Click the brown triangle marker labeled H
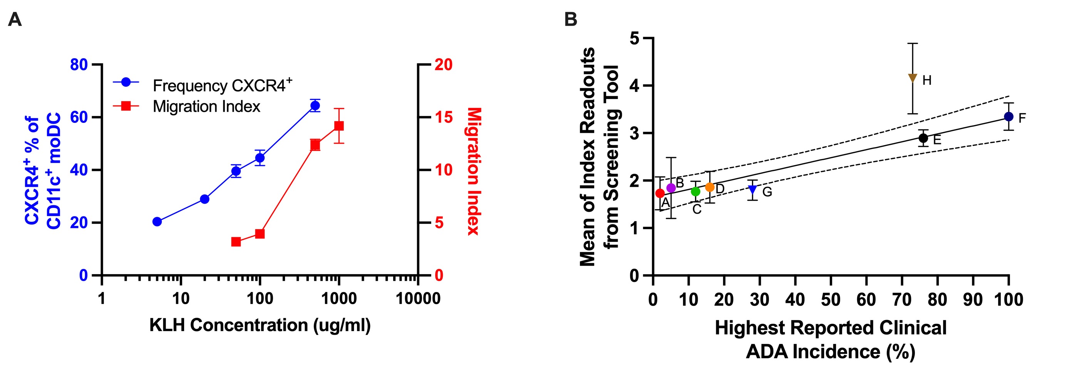pos(913,78)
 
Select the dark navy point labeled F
pos(1008,117)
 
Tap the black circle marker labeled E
pos(923,138)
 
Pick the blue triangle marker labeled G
pos(753,190)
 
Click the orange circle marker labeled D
pos(710,187)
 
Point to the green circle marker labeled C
pos(695,191)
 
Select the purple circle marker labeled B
pos(671,188)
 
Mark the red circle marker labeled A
pos(660,193)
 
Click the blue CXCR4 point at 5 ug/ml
pos(157,222)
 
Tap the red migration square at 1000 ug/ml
pos(339,126)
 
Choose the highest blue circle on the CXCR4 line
pos(315,106)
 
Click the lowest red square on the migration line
pos(236,241)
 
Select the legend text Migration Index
pos(206,107)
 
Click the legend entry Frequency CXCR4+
pos(222,85)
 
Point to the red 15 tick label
pos(444,117)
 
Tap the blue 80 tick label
pos(79,65)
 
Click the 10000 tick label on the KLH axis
pos(418,298)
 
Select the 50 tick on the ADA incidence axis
pos(831,299)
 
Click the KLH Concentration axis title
pos(260,325)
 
